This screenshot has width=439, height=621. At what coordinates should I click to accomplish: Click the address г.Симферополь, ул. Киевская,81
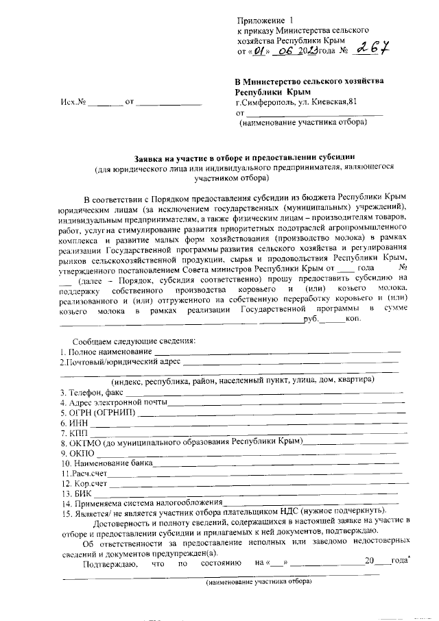[x=296, y=101]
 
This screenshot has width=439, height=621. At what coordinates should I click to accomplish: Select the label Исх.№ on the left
[x=73, y=102]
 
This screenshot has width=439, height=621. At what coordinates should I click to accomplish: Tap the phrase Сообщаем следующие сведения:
[x=134, y=341]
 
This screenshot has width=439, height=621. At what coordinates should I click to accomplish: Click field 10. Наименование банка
[x=106, y=463]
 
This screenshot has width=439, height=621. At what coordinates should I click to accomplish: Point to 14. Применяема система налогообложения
[x=141, y=504]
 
